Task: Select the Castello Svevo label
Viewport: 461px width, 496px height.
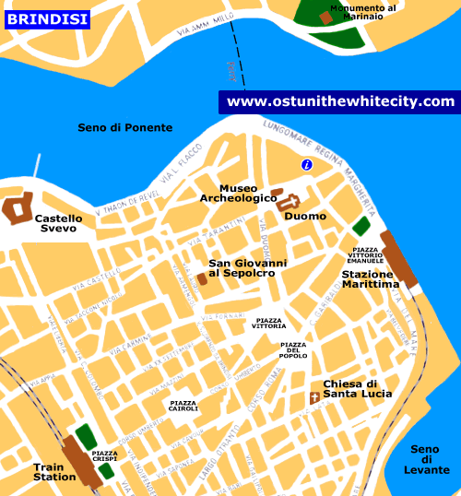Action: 58,223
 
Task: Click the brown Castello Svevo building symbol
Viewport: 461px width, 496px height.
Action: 18,207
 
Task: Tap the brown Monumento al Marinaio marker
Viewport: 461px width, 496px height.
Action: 325,17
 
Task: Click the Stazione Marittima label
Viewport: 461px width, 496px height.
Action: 371,279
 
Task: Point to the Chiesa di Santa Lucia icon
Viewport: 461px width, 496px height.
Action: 314,397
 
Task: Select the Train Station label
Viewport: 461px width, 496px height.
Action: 54,471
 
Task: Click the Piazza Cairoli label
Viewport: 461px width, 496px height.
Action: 183,406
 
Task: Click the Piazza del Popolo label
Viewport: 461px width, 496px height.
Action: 293,349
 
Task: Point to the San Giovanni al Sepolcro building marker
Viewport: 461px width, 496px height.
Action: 202,278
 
